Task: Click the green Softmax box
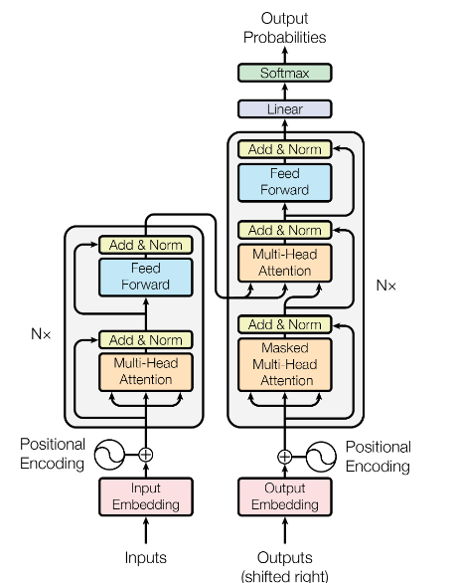coord(285,73)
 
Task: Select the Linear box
coord(285,109)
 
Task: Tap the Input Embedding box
coord(146,496)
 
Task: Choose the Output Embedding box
coord(285,496)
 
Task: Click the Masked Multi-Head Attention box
coord(285,364)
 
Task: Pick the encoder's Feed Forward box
coord(146,277)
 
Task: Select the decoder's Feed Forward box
coord(285,182)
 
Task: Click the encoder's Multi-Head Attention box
coord(146,372)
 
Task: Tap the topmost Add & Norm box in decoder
coord(285,149)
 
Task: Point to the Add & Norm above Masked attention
coord(285,324)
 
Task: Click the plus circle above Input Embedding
coord(146,455)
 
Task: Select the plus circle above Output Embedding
coord(285,457)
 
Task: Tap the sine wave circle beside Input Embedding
coord(109,455)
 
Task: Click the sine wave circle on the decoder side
coord(321,457)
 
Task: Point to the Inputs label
coord(146,558)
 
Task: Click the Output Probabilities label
coord(285,28)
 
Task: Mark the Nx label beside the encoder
coord(41,334)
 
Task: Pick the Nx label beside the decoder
coord(386,286)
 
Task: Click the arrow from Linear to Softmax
coord(285,92)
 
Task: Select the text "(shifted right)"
coord(285,576)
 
